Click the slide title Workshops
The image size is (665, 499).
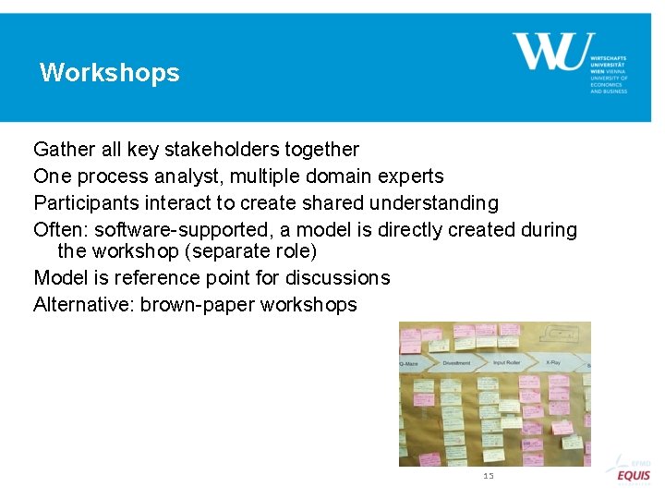[110, 73]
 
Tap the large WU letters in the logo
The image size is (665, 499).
[553, 52]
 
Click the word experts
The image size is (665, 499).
[407, 176]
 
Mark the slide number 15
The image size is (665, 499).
[489, 476]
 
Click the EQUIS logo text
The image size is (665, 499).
[634, 475]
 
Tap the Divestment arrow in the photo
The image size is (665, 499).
[456, 363]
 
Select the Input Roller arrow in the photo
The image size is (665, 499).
[506, 363]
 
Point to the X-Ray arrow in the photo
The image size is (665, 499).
[554, 362]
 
